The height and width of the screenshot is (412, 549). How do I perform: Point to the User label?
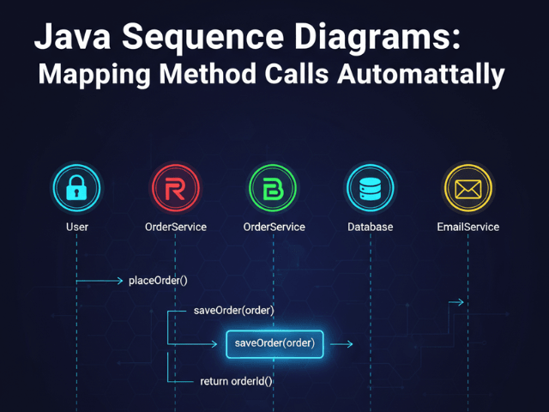pyautogui.click(x=76, y=227)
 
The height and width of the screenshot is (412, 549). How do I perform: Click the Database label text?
pyautogui.click(x=371, y=227)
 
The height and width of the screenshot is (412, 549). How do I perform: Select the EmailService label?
pyautogui.click(x=468, y=227)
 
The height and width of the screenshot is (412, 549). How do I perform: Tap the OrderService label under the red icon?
pyautogui.click(x=176, y=227)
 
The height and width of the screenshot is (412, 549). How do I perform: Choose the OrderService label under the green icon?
pyautogui.click(x=274, y=227)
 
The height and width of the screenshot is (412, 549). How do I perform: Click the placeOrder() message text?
pyautogui.click(x=158, y=281)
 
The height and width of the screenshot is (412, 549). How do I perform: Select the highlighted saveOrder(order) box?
pyautogui.click(x=274, y=343)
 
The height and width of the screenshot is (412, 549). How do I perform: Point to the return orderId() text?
pyautogui.click(x=236, y=380)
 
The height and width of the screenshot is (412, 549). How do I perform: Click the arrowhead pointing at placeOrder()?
pyautogui.click(x=119, y=281)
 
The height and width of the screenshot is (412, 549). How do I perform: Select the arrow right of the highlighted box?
pyautogui.click(x=341, y=344)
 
